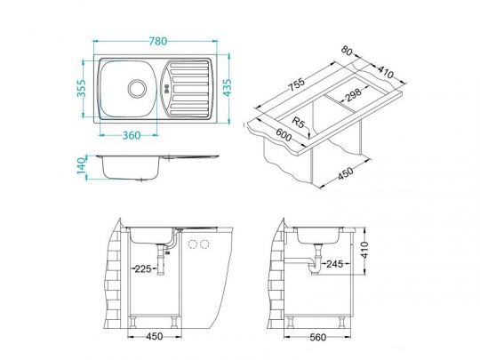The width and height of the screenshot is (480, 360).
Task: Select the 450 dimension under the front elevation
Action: pyautogui.click(x=155, y=338)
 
